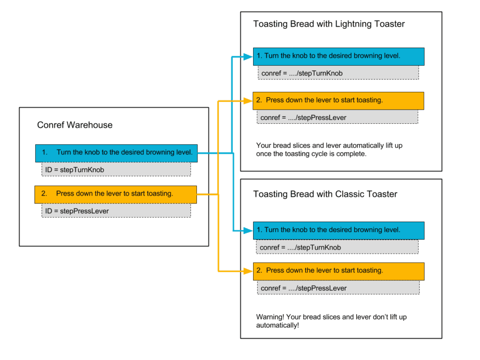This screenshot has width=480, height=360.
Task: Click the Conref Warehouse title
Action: click(75, 125)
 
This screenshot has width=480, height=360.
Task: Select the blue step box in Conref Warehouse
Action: click(116, 153)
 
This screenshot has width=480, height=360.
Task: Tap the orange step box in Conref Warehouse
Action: click(115, 194)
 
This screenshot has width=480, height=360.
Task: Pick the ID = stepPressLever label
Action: click(77, 211)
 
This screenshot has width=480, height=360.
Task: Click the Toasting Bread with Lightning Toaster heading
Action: click(329, 24)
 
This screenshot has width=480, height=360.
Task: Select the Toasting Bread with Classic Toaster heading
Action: click(325, 194)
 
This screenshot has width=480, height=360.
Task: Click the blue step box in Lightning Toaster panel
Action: click(338, 56)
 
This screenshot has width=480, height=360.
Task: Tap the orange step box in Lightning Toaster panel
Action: click(338, 100)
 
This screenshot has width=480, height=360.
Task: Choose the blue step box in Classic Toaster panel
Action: click(338, 230)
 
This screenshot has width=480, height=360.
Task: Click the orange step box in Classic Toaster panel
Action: click(338, 271)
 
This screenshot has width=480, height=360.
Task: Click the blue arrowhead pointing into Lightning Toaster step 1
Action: click(248, 57)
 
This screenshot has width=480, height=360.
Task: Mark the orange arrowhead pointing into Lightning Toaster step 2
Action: click(248, 101)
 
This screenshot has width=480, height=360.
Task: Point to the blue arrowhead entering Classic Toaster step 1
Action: click(248, 231)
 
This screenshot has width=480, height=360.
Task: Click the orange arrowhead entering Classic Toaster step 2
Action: click(248, 271)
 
